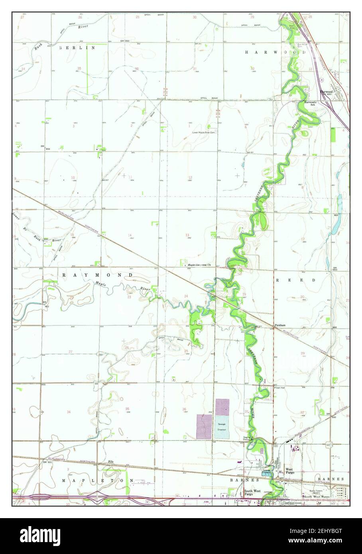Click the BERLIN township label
coord(77,47)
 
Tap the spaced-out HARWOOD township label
coord(275,52)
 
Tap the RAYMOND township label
coord(97,275)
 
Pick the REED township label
coord(296,280)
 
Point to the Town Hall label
coord(280,387)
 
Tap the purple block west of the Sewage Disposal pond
coord(204,427)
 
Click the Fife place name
coord(111,462)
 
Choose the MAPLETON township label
coord(97,481)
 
